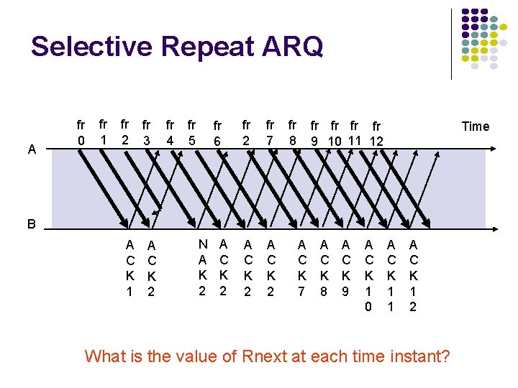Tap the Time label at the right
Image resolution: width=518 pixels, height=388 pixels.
[x=475, y=126]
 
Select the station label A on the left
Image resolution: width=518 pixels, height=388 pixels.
[x=31, y=149]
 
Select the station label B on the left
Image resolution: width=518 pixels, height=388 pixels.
[x=31, y=223]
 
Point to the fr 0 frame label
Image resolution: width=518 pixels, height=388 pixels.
[x=81, y=132]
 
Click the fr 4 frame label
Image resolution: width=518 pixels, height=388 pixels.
[x=171, y=132]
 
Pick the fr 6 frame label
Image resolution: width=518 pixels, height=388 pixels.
[x=217, y=134]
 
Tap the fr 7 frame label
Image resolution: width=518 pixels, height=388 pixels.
[x=269, y=132]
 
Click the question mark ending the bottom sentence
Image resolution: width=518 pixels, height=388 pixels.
[x=445, y=355]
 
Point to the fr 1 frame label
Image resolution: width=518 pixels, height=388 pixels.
[x=103, y=131]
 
